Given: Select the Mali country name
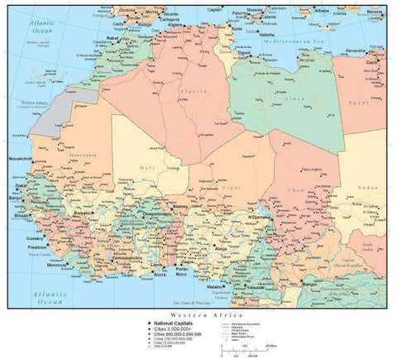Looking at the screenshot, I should pos(124,168).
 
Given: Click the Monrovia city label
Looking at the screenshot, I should pos(58,266).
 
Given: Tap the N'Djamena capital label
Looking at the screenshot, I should pos(259,218).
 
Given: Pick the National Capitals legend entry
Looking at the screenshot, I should pos(175,323).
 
